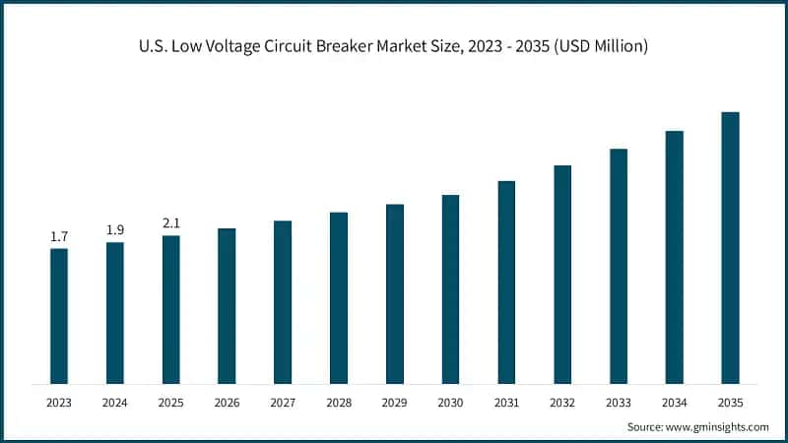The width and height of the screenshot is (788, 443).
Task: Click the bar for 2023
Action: point(59,315)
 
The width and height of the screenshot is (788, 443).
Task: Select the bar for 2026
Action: point(227,305)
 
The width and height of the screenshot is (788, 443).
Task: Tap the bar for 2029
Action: point(395,293)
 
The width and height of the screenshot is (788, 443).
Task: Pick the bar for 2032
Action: point(562,274)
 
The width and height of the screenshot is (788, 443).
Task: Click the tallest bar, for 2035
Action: point(730,247)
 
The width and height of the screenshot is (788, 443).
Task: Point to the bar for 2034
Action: point(675,256)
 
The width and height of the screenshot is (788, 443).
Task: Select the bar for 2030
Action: point(450,288)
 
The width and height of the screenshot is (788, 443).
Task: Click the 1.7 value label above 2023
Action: point(59,236)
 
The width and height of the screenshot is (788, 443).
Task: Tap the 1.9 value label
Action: point(115,229)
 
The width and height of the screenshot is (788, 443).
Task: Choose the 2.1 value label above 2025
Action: point(170,222)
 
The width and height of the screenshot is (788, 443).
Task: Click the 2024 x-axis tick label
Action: point(115,403)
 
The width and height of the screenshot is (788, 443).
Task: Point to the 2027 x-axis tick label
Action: point(283,403)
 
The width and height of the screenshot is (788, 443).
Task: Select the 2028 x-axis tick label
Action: point(339,403)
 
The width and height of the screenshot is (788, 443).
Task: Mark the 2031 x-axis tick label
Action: point(506,403)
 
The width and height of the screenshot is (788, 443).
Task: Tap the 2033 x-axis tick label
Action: point(619,403)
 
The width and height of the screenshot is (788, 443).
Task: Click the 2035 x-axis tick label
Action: point(730,403)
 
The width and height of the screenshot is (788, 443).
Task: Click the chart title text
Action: point(394,45)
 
